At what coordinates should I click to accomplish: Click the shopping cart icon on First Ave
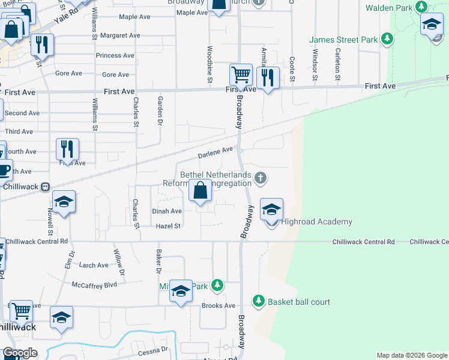click(x=241, y=75)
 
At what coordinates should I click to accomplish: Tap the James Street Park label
click(x=343, y=40)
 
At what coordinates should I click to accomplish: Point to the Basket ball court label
click(x=299, y=302)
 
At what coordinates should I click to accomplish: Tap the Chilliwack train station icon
click(x=45, y=187)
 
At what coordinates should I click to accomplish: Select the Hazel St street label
click(x=168, y=226)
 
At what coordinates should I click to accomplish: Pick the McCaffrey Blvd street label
click(x=94, y=284)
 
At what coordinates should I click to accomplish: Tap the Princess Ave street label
click(x=115, y=56)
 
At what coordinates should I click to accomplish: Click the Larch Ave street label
click(x=94, y=265)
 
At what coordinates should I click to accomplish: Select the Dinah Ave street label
click(x=167, y=211)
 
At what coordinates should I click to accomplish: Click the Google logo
click(x=20, y=353)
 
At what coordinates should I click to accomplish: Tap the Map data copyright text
click(x=411, y=356)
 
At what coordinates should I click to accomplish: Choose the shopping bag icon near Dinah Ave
click(x=200, y=191)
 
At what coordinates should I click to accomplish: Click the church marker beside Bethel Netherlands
click(x=260, y=178)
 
